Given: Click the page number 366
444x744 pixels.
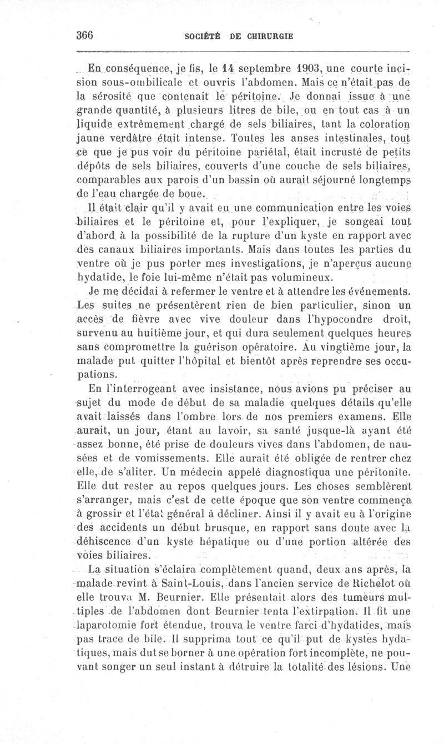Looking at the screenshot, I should (86, 36).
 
